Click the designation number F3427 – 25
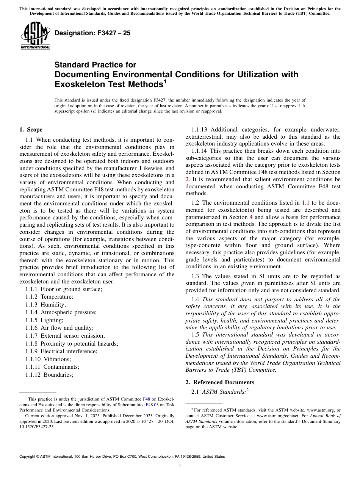click(92, 33)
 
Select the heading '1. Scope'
click(31, 130)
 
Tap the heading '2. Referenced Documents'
click(220, 382)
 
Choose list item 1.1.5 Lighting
click(44, 320)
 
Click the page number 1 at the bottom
click(180, 465)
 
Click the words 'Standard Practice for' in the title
click(95, 65)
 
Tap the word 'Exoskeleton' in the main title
click(79, 84)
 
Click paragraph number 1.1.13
click(199, 130)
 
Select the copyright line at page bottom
click(122, 457)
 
